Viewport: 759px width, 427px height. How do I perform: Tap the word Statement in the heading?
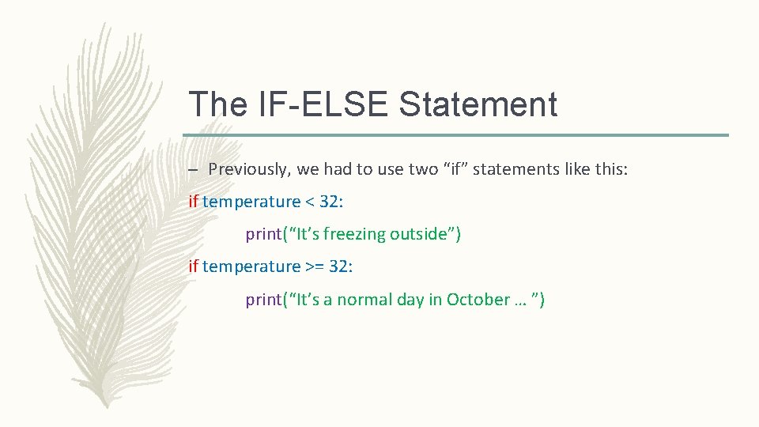478,104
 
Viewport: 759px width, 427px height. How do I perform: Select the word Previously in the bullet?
248,169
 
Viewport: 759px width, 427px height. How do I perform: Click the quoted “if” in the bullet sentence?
461,169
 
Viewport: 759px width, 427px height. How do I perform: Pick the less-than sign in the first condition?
310,202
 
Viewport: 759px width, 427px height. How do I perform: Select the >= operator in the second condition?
315,266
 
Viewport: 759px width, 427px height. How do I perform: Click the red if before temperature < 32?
194,202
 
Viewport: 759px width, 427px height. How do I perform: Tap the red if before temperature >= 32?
194,266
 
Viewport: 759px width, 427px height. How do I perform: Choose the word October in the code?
478,300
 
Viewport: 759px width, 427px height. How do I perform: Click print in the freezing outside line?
263,234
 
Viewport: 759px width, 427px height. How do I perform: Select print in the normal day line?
263,300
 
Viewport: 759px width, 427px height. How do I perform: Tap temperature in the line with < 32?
251,202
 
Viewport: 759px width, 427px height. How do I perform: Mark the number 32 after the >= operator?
338,266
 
